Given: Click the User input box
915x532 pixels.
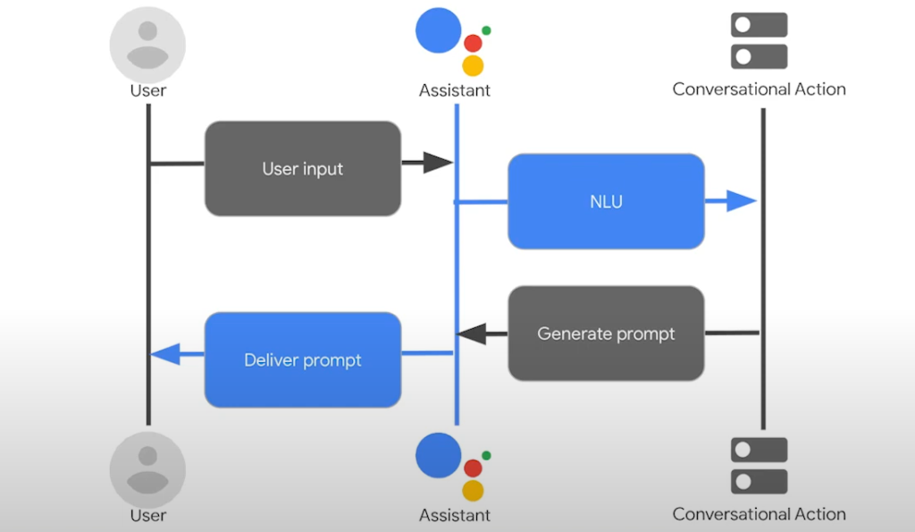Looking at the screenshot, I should (x=303, y=168).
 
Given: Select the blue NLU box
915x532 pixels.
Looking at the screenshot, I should (x=606, y=201).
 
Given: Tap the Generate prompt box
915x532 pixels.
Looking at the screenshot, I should (x=606, y=334).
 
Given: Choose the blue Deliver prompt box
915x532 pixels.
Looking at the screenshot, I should (x=303, y=359).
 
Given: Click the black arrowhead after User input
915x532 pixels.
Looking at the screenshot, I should (x=437, y=163).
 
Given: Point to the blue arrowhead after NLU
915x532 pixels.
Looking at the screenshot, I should (x=741, y=201).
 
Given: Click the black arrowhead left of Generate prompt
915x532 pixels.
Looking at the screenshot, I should (x=473, y=334).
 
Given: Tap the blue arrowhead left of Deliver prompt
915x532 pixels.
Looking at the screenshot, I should (x=166, y=356).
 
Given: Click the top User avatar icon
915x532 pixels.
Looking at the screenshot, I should (x=147, y=45).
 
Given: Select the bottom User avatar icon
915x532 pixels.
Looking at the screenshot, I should (x=147, y=470).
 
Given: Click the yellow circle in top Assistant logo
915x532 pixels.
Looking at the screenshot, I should (x=474, y=65).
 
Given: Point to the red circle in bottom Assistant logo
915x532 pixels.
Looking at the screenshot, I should (x=474, y=468).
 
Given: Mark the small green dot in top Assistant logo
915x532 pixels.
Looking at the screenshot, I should (x=487, y=30).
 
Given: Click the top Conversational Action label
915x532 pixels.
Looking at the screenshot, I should (x=759, y=89).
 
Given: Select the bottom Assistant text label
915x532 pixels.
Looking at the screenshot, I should (x=455, y=515).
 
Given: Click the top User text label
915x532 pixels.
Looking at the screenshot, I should (x=147, y=90).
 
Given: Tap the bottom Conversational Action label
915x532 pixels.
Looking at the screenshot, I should (x=759, y=514).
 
